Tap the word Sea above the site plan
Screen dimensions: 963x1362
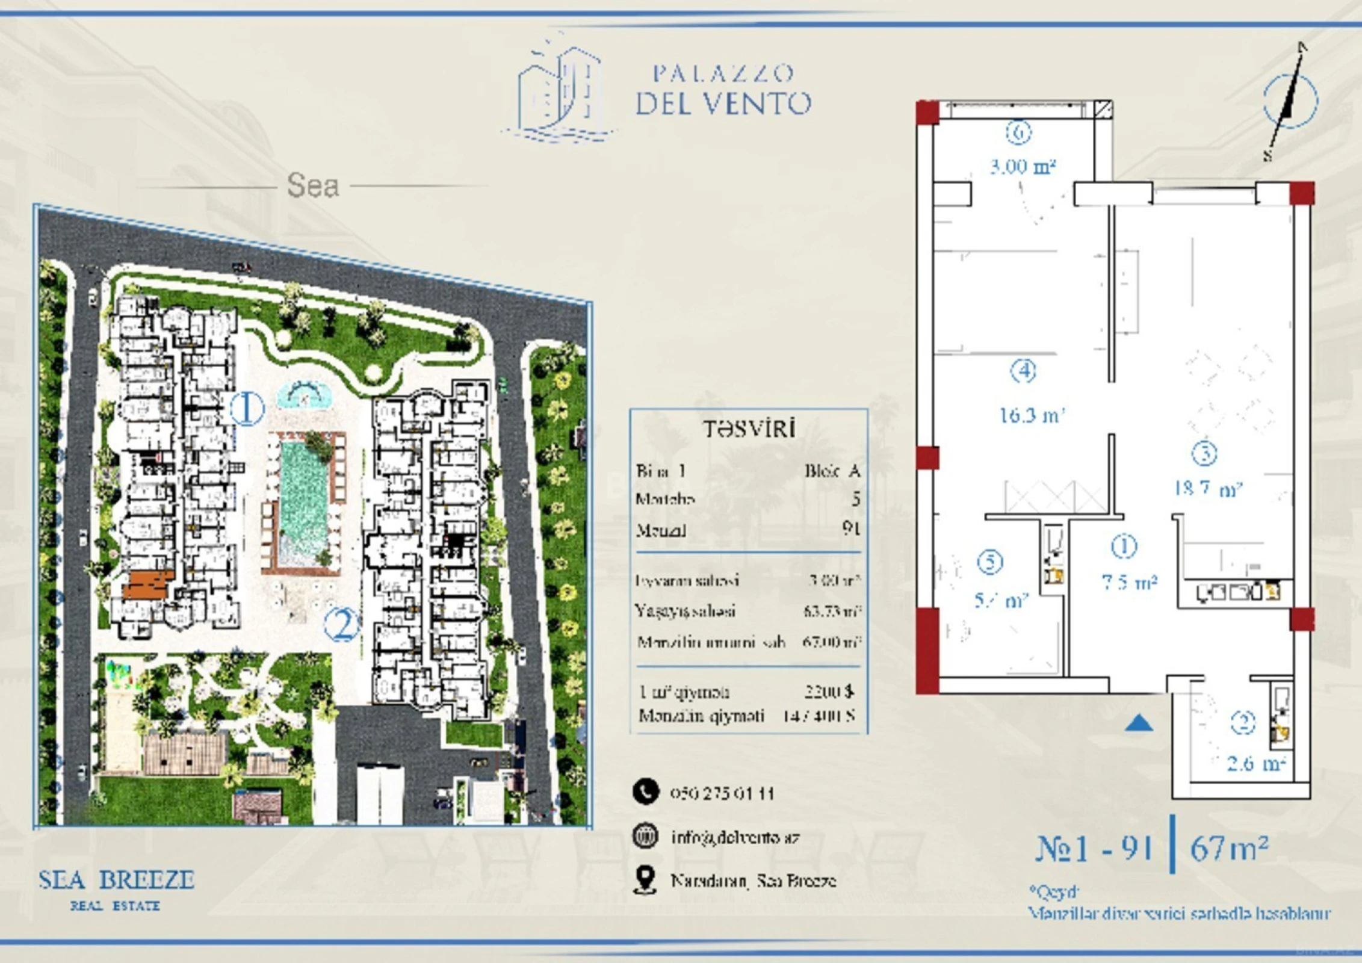[x=312, y=185]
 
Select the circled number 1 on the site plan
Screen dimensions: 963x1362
[x=247, y=409]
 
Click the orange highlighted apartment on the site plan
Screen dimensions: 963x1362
[x=148, y=584]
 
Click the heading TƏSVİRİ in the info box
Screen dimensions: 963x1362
[x=749, y=429]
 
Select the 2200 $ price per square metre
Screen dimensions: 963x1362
[x=829, y=692]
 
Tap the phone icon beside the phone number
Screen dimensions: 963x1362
[x=645, y=792]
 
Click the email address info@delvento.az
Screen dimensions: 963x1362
[x=735, y=837]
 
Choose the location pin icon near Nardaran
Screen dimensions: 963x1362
[x=645, y=881]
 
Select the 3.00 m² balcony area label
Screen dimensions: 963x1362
[x=1023, y=166]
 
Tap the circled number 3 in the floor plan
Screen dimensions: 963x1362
[x=1204, y=454]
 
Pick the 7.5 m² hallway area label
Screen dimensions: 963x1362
[x=1129, y=582]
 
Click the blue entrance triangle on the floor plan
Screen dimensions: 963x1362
[x=1139, y=723]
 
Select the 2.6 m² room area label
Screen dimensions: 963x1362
[x=1256, y=764]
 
